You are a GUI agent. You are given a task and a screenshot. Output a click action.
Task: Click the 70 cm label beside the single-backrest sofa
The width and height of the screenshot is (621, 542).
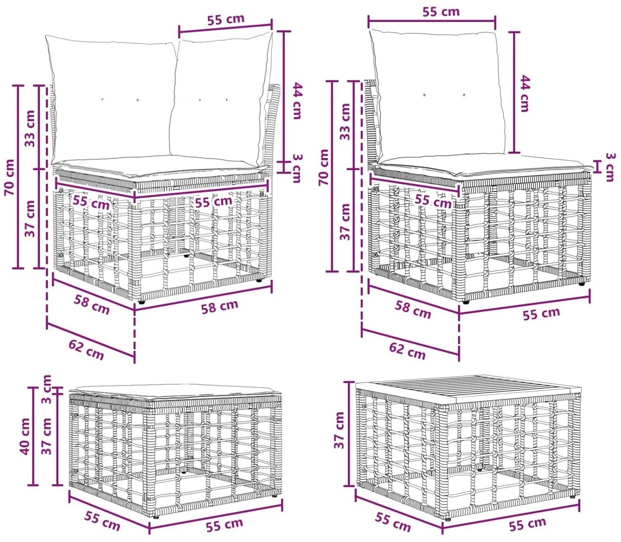(323, 167)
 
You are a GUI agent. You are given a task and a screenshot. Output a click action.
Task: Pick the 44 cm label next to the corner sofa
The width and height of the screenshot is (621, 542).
(298, 101)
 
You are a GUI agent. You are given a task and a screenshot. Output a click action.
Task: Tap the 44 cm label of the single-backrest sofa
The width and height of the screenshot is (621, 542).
(525, 94)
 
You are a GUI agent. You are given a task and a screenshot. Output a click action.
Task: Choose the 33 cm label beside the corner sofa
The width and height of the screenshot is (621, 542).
(30, 128)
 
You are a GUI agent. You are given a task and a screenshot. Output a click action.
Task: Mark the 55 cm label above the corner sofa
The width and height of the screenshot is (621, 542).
(226, 19)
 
